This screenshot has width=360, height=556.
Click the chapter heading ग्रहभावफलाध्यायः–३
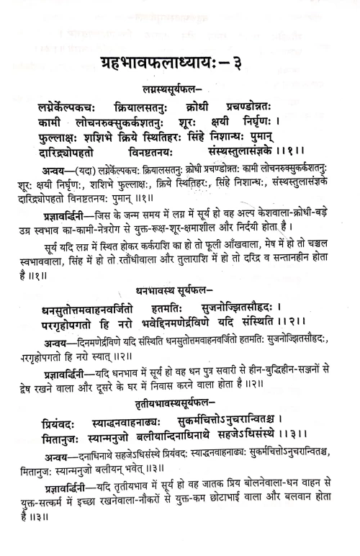pos(180,63)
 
